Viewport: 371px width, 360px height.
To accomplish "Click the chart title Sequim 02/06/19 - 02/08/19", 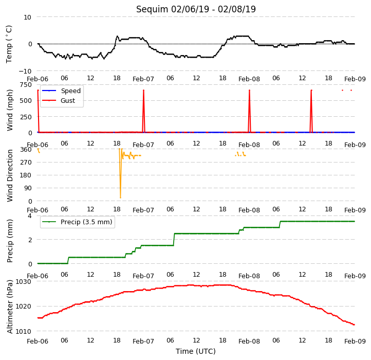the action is click(x=196, y=9).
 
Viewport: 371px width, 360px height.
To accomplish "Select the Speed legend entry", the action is click(x=61, y=91).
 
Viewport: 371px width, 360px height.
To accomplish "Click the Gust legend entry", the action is click(x=59, y=100).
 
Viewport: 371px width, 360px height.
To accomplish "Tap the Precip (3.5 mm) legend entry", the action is click(x=77, y=222).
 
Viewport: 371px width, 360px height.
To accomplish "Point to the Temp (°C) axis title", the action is click(x=9, y=44).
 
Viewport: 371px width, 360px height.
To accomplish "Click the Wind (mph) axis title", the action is click(x=9, y=110).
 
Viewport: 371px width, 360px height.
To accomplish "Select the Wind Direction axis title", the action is click(x=9, y=175).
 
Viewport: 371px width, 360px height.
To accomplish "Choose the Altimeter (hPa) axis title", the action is click(x=9, y=307).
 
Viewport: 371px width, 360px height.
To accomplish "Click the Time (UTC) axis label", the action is click(x=196, y=351).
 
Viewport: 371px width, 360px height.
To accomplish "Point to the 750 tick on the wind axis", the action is click(x=26, y=84).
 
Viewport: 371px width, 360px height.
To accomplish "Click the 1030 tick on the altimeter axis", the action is click(x=24, y=282).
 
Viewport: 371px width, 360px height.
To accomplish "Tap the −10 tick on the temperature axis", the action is click(x=25, y=71).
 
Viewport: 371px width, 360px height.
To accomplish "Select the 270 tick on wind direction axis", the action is click(x=26, y=162).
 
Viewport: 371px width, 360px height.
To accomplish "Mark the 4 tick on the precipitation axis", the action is click(x=30, y=215).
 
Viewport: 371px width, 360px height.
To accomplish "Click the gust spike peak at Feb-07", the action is click(x=143, y=90).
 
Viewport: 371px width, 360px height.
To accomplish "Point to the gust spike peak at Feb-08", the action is click(x=249, y=90).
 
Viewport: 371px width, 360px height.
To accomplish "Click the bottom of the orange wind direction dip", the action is click(x=120, y=197).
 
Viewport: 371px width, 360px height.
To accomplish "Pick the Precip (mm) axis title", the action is click(x=9, y=241).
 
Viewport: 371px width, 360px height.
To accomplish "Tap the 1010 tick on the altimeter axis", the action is click(x=24, y=331).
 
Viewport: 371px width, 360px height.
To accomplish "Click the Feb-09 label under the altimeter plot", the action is click(x=355, y=341).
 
